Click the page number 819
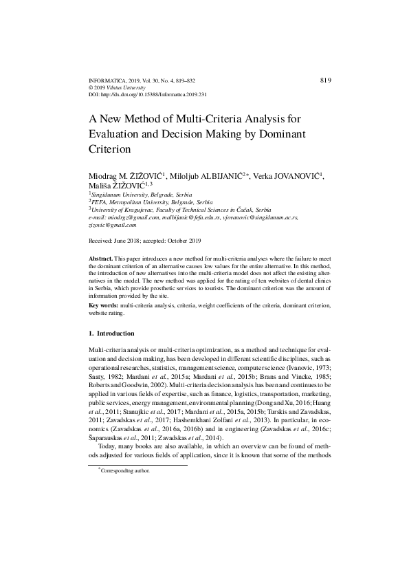click(327, 80)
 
